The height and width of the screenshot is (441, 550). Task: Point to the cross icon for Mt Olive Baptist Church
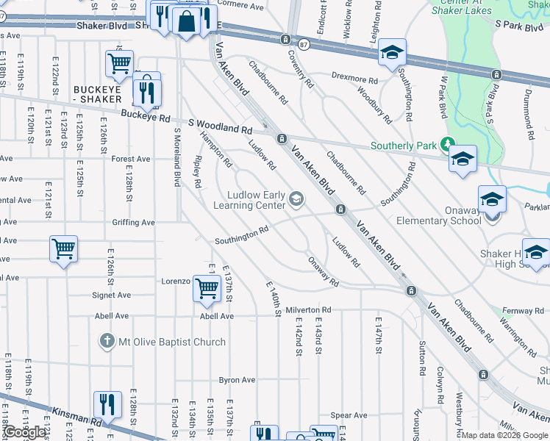coord(107,342)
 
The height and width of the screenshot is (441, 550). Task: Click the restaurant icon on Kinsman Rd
coord(107,404)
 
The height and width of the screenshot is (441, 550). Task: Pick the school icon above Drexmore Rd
coord(392,53)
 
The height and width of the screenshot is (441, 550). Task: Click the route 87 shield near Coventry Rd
coord(284,40)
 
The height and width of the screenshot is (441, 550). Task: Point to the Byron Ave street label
coord(237,380)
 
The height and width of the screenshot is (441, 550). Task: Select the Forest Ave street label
coord(131,159)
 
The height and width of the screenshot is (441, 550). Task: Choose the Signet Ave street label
coord(112,295)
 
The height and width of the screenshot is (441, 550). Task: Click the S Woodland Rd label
coord(220,127)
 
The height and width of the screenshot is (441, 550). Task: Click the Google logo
coord(25,432)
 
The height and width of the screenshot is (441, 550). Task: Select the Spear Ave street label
coord(349,415)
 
